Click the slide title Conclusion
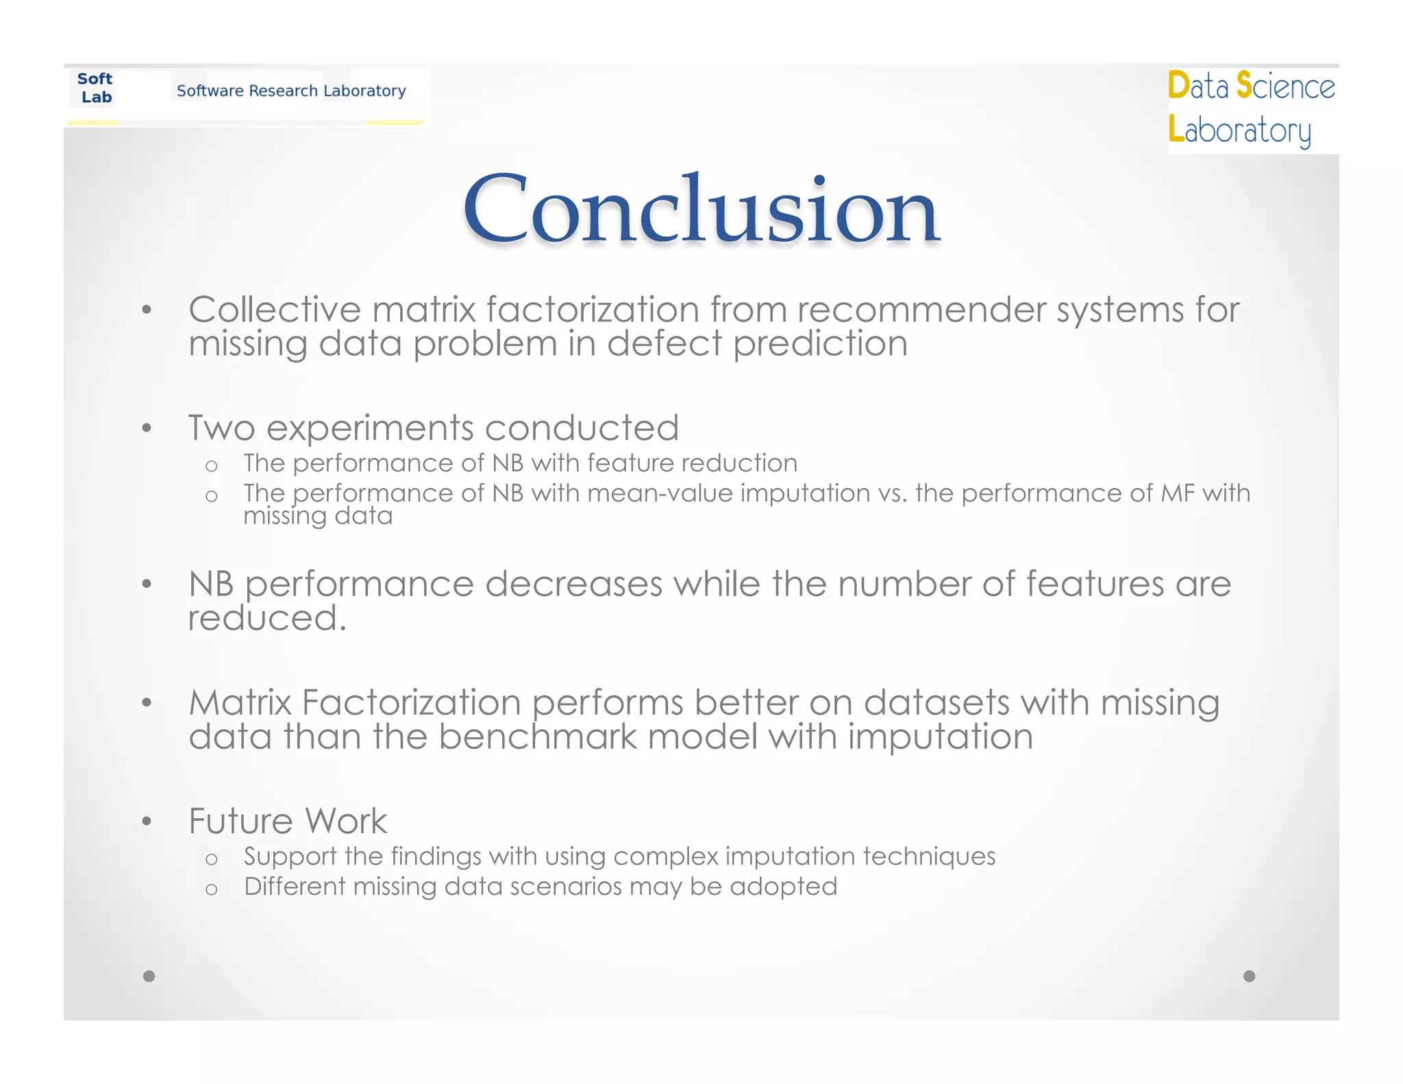(701, 209)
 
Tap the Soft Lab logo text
(95, 88)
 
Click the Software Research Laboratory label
(291, 90)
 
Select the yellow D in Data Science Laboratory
(1178, 86)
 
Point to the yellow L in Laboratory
(1176, 129)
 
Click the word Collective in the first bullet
(274, 310)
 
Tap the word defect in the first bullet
(664, 343)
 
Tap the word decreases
(573, 584)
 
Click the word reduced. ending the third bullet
(267, 618)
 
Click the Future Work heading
(288, 821)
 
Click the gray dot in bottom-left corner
(149, 976)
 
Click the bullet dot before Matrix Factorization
(146, 702)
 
